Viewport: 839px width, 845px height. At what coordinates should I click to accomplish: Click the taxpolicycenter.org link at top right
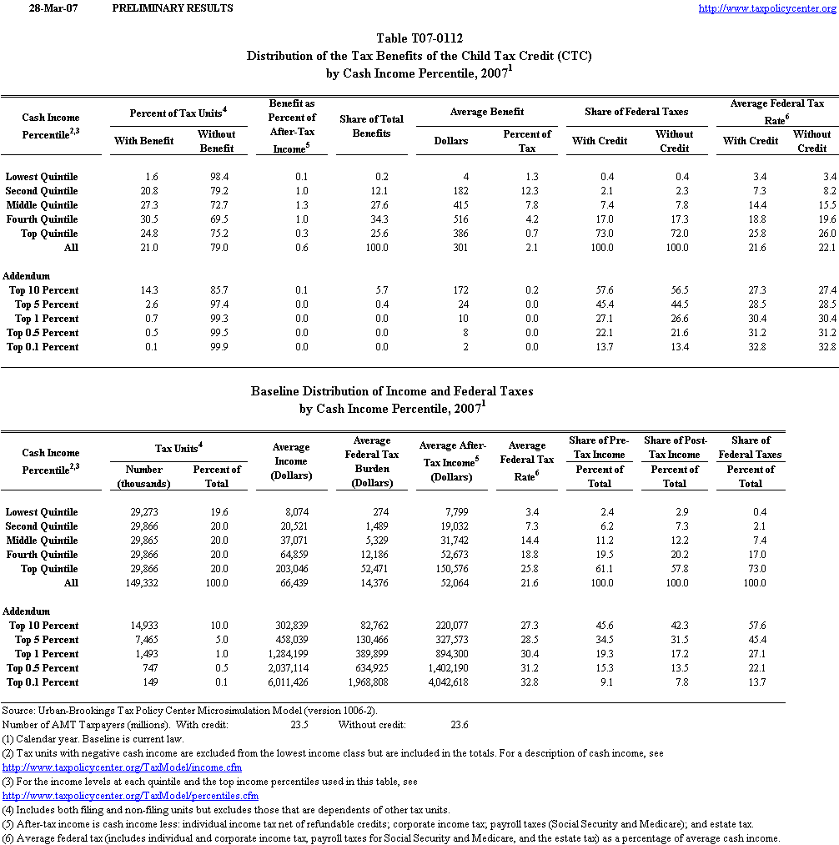(766, 8)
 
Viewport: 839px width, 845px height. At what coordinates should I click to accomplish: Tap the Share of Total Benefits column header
(371, 126)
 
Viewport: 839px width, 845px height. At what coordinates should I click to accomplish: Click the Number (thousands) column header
(143, 476)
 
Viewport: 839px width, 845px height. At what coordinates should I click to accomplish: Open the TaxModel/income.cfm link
(122, 767)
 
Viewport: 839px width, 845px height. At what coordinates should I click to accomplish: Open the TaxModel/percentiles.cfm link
(130, 796)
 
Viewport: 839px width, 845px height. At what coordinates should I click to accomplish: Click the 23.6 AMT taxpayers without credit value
(459, 725)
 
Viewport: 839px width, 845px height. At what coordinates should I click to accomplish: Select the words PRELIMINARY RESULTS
(172, 8)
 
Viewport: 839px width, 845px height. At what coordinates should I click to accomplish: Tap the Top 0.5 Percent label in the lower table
(43, 668)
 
